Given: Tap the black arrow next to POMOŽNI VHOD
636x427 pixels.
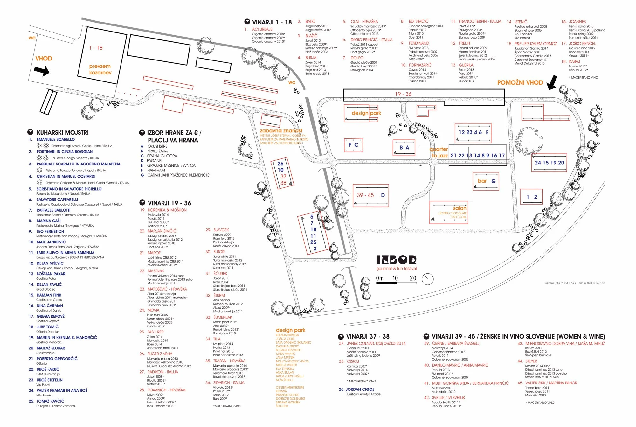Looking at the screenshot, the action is (553, 82).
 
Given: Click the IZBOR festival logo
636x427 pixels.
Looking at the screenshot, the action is (396, 260).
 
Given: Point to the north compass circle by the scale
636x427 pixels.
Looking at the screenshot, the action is (428, 279).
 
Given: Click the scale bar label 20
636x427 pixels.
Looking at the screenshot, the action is (413, 278).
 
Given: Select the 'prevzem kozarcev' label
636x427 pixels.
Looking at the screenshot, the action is (100, 69).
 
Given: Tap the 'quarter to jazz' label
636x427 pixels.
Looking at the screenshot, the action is (439, 152).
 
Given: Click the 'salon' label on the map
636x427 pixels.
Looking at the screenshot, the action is (460, 208).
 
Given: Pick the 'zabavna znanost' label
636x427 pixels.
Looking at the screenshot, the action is (281, 130).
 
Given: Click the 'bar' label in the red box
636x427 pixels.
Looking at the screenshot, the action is (482, 181).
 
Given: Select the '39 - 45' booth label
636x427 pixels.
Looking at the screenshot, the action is (365, 195).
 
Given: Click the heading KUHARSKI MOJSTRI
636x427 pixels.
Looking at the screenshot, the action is (63, 132).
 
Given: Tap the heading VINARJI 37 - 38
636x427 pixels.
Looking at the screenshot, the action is (368, 336).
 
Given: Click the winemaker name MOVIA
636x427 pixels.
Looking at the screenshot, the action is (153, 310).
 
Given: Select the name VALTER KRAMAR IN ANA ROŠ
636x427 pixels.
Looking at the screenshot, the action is (62, 390).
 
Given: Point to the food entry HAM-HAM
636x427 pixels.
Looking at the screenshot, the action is (156, 170).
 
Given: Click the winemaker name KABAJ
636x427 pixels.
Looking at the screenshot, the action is (574, 61).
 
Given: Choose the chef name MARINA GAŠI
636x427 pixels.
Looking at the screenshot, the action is (48, 220).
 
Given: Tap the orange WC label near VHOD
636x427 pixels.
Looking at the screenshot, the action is (32, 38).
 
